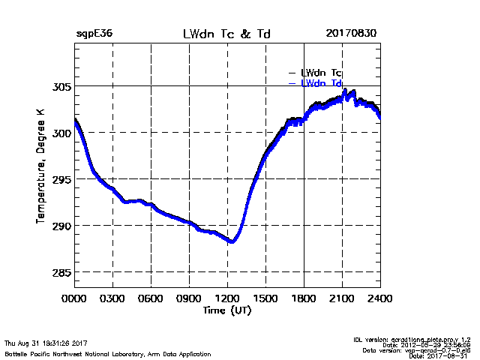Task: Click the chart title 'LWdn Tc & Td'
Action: point(226,34)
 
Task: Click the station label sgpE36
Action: point(94,34)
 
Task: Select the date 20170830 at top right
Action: point(352,34)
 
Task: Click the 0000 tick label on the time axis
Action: point(74,298)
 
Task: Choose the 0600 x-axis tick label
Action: point(151,298)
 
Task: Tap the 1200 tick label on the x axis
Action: point(227,298)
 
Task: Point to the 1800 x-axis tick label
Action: point(304,298)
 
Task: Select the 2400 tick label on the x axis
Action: point(380,298)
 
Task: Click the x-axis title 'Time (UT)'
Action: point(227,310)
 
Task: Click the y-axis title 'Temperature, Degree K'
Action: point(40,165)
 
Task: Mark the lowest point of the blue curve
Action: point(232,241)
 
